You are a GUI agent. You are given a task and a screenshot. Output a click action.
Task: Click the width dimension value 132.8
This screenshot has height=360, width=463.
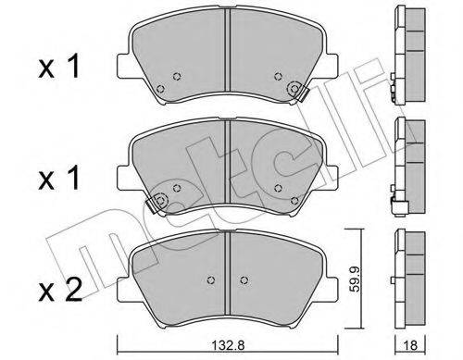pyautogui.click(x=229, y=345)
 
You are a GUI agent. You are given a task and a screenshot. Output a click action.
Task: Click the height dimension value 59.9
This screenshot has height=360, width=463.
pyautogui.click(x=355, y=279)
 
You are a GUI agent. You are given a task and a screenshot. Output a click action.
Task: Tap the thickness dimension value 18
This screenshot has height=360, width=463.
pyautogui.click(x=410, y=345)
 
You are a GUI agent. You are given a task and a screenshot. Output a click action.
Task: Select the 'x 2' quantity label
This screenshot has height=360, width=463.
pyautogui.click(x=60, y=290)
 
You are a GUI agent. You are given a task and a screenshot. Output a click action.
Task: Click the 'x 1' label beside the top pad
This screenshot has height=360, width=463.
pyautogui.click(x=58, y=66)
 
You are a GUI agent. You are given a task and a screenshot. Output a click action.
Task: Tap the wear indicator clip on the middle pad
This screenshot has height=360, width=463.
pyautogui.click(x=156, y=202)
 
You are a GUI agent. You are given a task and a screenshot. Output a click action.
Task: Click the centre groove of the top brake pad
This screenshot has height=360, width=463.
pyautogui.click(x=228, y=50)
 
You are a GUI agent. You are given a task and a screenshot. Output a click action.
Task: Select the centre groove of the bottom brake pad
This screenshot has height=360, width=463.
pyautogui.click(x=228, y=273)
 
